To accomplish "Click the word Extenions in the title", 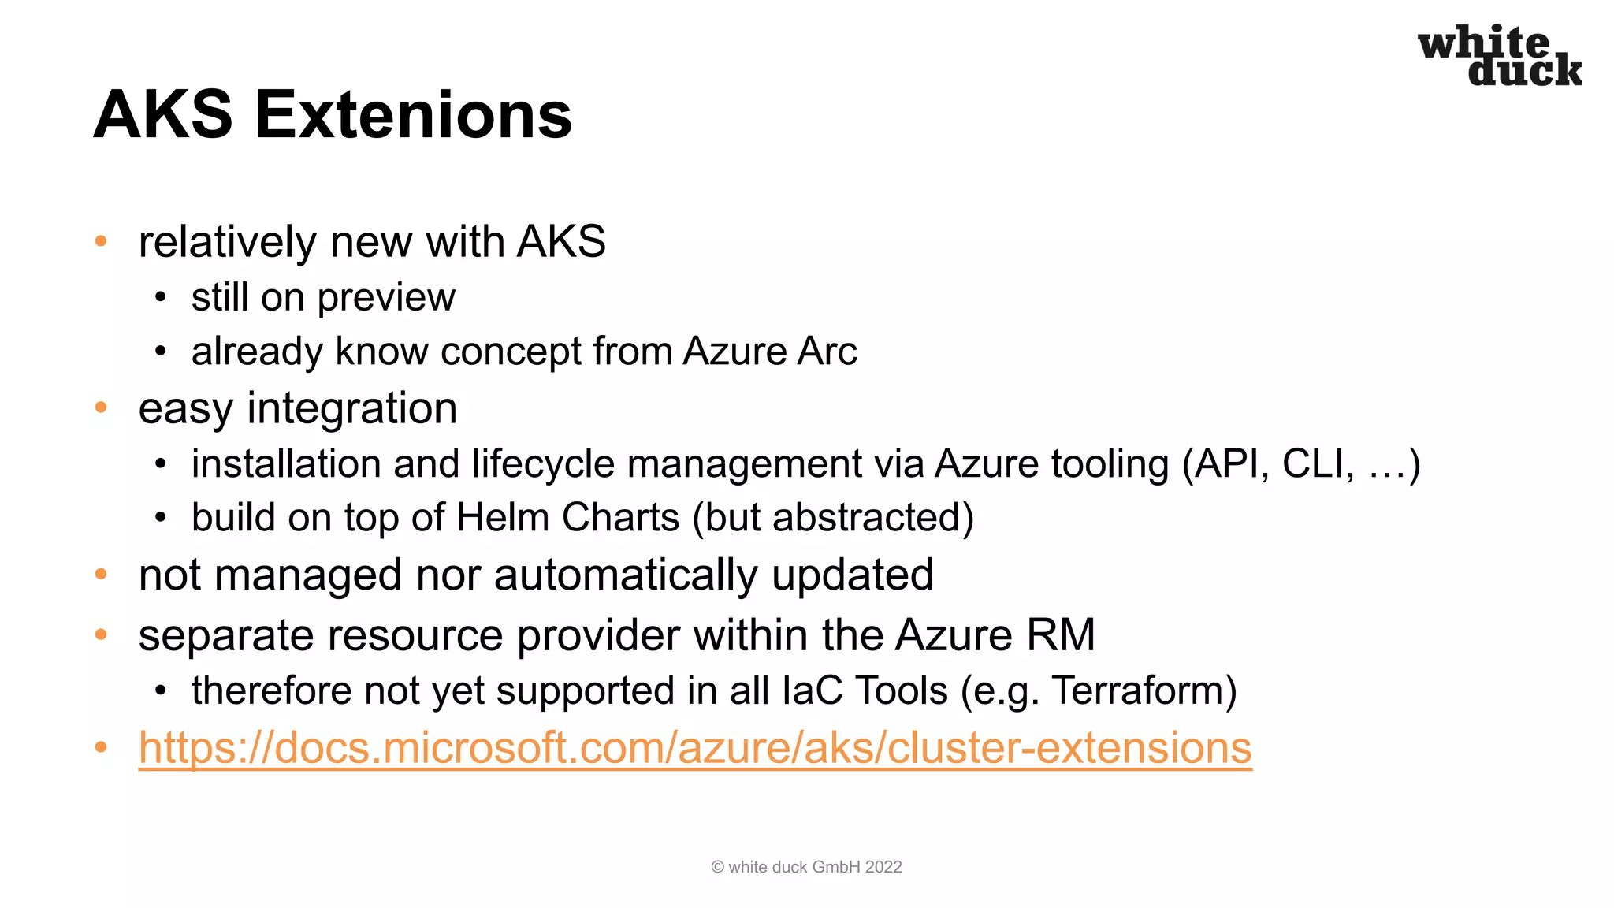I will (x=413, y=115).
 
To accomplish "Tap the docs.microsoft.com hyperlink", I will (x=694, y=747).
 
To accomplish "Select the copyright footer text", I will (x=806, y=867).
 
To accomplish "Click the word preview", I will (x=386, y=298).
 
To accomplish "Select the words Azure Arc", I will (x=770, y=352).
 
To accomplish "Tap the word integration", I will (x=351, y=409).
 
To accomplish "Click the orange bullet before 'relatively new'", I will (x=101, y=240).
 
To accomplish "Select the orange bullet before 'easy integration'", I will (x=101, y=407).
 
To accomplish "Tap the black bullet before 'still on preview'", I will (x=161, y=298).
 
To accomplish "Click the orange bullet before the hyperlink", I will (x=101, y=746).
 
